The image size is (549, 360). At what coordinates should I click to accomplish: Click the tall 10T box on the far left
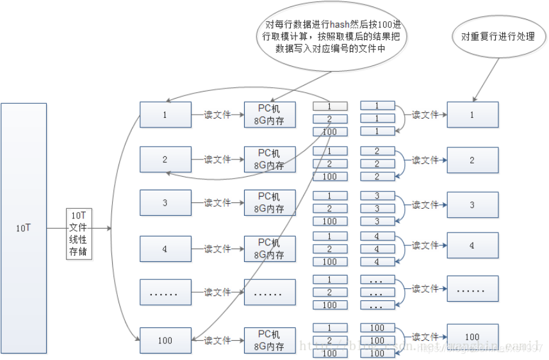click(24, 228)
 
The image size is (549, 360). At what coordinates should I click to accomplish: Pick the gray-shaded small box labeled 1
click(330, 106)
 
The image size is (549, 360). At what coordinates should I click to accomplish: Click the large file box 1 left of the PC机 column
click(165, 115)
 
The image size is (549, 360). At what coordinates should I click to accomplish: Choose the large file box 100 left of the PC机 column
click(165, 340)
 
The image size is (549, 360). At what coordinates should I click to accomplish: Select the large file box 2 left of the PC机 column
click(165, 160)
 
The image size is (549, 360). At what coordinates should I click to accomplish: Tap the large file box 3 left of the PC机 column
click(165, 203)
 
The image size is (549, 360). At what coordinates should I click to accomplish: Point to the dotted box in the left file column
click(165, 292)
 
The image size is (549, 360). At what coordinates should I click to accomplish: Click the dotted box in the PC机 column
click(270, 292)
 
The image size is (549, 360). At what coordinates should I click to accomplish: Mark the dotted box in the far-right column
click(472, 289)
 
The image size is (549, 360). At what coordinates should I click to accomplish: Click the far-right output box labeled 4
click(472, 245)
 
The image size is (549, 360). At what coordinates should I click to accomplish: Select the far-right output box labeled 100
click(472, 336)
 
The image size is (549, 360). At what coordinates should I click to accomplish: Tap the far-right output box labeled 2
click(472, 160)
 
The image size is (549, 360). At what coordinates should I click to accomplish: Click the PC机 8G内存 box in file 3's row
click(270, 203)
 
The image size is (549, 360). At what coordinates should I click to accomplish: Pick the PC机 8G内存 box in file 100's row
click(270, 340)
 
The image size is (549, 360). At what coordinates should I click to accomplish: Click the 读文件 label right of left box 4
click(217, 249)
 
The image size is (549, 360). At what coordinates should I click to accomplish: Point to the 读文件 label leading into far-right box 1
click(425, 115)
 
